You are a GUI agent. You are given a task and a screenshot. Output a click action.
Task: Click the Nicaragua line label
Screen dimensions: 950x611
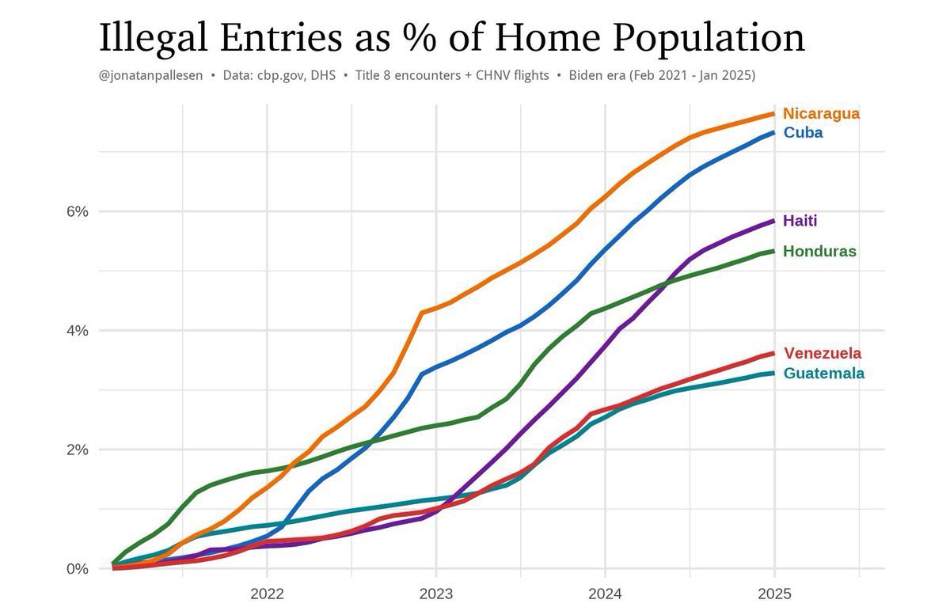click(x=821, y=114)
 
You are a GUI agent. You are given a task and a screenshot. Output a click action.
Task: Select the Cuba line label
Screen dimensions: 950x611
click(x=804, y=133)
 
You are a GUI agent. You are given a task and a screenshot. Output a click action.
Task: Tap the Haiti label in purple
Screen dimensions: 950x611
click(x=800, y=221)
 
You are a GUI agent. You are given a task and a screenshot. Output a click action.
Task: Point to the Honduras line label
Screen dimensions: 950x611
click(x=819, y=251)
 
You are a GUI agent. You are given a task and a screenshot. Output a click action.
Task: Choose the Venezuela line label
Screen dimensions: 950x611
click(x=823, y=353)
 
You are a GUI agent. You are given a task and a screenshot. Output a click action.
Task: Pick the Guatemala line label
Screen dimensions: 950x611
click(x=823, y=373)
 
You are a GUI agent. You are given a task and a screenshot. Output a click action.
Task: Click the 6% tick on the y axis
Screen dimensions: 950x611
click(x=78, y=211)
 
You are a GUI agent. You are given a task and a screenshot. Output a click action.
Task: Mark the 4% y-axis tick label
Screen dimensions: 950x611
click(x=78, y=330)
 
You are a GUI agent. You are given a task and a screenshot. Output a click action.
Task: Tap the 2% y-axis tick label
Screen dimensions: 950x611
click(x=78, y=450)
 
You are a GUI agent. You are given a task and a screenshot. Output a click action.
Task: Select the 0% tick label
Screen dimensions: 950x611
click(x=78, y=568)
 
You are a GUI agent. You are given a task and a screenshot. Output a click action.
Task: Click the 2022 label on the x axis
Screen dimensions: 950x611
click(x=267, y=594)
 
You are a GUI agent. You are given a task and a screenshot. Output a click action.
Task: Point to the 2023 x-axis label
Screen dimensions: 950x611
click(x=436, y=594)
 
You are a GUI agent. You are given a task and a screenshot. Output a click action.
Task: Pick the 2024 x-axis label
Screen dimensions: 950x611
click(x=605, y=594)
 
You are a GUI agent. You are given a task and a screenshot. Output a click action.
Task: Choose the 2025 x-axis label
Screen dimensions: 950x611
click(x=774, y=594)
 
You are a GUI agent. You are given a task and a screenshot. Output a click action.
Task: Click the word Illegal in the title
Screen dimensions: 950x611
click(x=153, y=38)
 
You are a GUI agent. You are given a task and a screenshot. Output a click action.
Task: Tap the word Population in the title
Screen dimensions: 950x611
click(x=709, y=38)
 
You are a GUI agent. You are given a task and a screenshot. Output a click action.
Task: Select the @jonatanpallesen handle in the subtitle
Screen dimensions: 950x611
click(x=150, y=75)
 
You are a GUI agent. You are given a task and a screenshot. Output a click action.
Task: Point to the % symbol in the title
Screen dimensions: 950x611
click(x=420, y=37)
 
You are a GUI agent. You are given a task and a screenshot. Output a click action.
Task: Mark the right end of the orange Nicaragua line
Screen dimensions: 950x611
click(x=774, y=114)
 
